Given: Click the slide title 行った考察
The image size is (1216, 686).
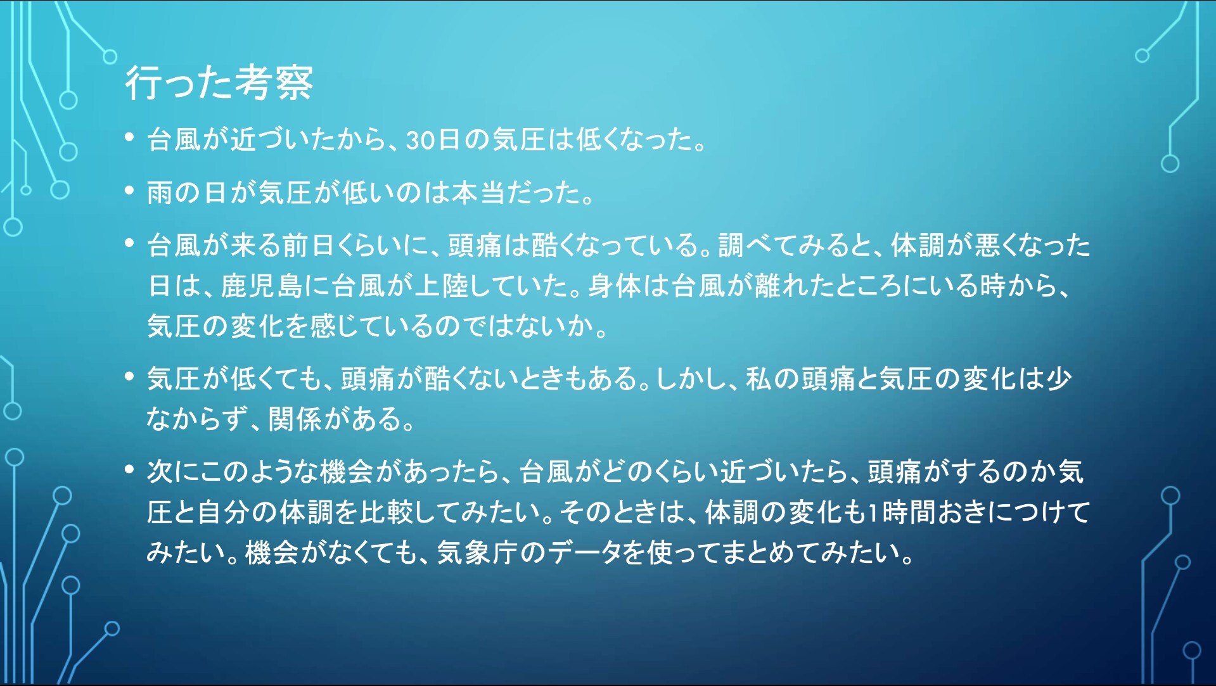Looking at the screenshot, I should (x=219, y=82).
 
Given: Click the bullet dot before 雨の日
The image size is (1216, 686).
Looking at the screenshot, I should (x=130, y=190).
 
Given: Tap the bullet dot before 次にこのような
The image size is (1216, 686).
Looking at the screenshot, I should (x=130, y=469).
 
